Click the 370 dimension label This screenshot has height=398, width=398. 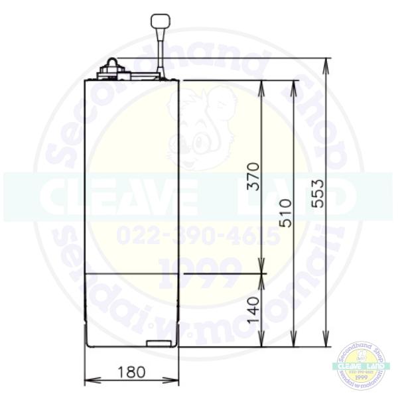pyautogui.click(x=253, y=176)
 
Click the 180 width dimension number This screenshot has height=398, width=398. pyautogui.click(x=131, y=371)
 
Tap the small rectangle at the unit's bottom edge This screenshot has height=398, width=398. pyautogui.click(x=158, y=343)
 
